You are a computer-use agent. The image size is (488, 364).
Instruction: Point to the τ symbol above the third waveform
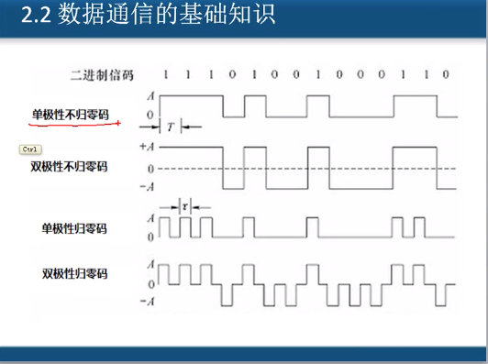(185, 206)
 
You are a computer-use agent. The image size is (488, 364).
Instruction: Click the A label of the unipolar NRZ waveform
(150, 95)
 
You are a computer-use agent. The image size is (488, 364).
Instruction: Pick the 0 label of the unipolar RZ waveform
(150, 237)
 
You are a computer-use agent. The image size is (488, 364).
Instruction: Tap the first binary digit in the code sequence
(165, 73)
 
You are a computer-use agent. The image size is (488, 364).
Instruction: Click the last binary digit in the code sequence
(446, 73)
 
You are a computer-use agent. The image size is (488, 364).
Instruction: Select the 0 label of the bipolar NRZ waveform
(150, 169)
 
